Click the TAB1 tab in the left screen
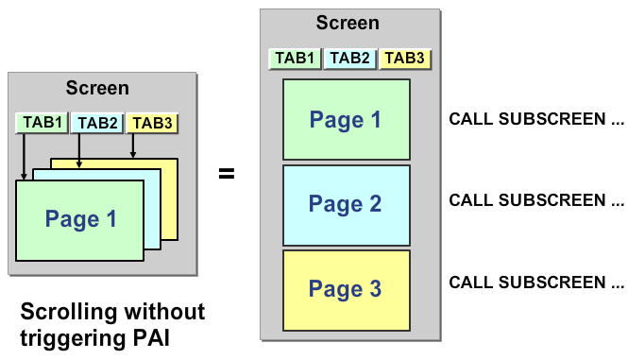[42, 123]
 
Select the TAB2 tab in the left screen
[97, 123]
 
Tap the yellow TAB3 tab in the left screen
[152, 123]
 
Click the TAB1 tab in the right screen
[296, 59]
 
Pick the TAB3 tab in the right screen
[405, 59]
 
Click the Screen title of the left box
[97, 89]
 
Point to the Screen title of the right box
[348, 24]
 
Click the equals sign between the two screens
[227, 174]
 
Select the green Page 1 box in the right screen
[347, 120]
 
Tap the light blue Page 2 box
[347, 204]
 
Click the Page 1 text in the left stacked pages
[81, 220]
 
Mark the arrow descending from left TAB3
[134, 145]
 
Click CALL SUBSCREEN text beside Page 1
[535, 120]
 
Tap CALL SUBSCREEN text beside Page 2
[535, 200]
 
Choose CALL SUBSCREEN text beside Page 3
[535, 283]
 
